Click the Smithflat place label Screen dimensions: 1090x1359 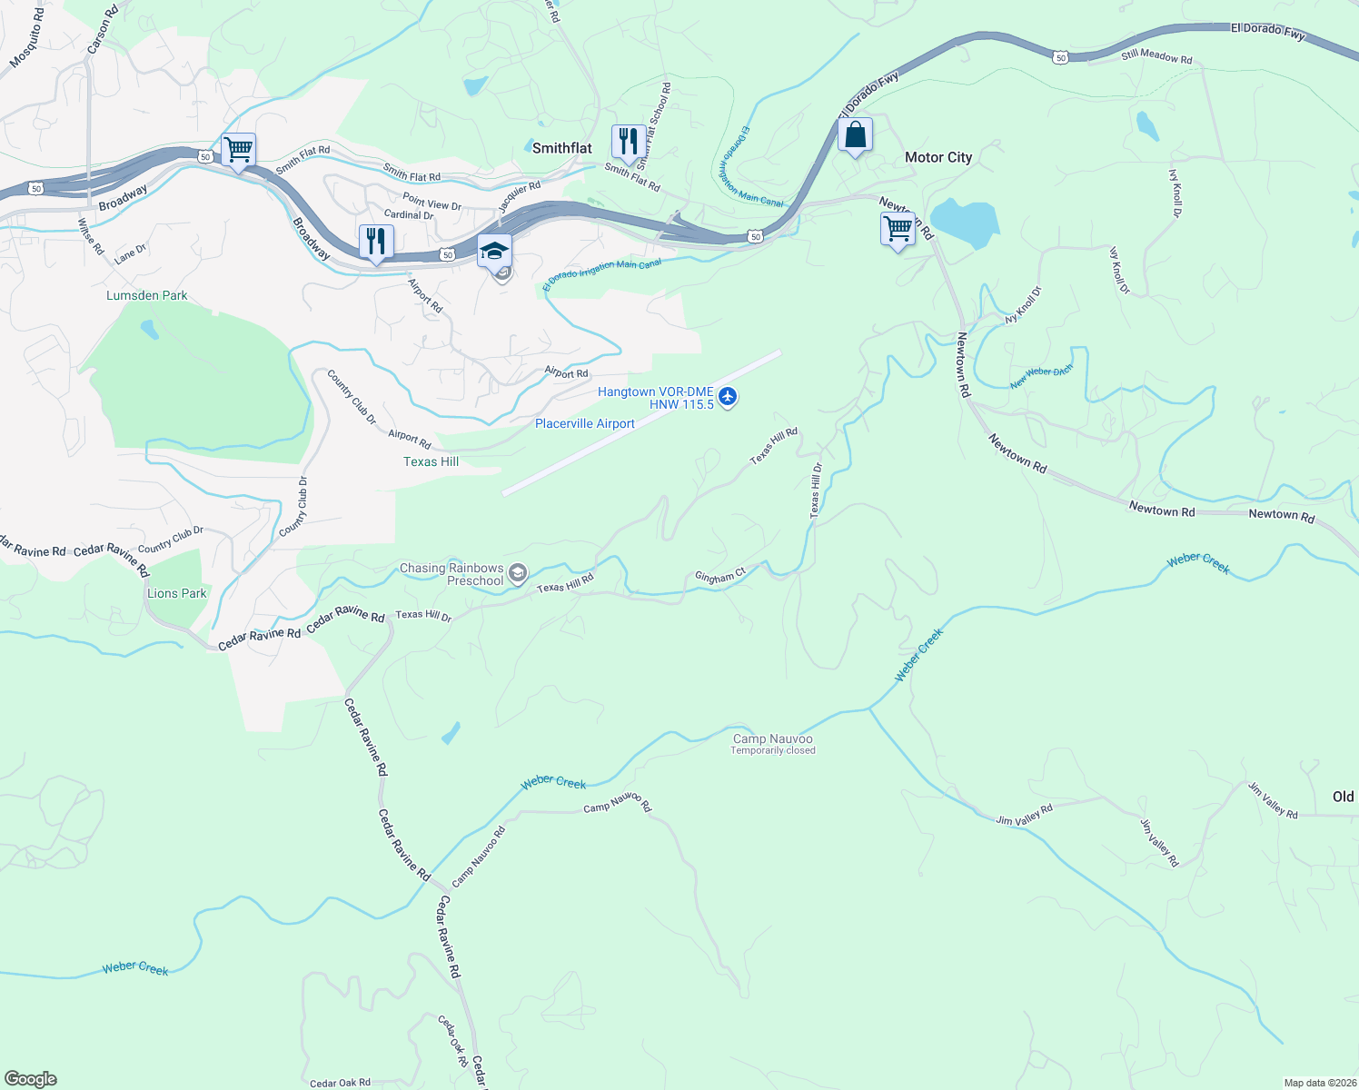[561, 148]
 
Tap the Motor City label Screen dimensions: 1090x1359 [937, 157]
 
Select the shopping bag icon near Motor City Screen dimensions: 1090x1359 [855, 136]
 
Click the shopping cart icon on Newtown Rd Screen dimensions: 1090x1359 [898, 230]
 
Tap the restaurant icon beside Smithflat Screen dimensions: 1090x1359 [628, 143]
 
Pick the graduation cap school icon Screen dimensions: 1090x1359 [495, 252]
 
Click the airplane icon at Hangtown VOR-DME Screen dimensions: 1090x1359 [728, 397]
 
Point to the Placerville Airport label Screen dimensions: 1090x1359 [585, 423]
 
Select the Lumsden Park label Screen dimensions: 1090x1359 [147, 295]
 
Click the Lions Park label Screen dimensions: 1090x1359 [177, 593]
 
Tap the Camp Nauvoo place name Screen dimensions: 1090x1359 [773, 738]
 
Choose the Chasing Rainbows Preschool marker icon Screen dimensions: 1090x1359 [518, 572]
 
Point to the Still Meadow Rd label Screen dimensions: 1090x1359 [1156, 56]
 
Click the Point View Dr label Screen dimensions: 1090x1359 [432, 202]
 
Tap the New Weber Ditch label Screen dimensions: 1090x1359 [1041, 377]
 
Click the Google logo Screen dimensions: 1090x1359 [31, 1079]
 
